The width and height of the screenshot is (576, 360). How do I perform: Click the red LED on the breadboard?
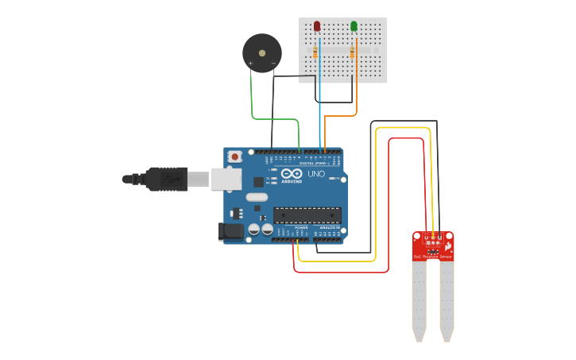317,26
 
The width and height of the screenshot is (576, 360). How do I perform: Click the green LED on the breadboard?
354,26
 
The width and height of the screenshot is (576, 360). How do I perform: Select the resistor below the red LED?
316,53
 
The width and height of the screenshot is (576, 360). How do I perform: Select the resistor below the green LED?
353,53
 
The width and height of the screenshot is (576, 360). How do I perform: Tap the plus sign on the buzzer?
251,63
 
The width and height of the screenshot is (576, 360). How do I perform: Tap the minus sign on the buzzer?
273,63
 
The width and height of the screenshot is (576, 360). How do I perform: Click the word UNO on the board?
315,173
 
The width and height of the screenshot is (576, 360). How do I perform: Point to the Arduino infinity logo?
292,174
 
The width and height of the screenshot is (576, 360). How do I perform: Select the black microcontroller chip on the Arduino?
307,215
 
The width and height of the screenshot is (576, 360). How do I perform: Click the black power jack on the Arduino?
230,231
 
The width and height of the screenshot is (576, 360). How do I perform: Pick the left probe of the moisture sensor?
419,298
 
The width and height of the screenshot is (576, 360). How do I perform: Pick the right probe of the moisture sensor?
447,298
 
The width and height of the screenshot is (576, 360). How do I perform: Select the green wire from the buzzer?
253,99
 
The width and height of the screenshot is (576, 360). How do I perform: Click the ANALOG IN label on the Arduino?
329,227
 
